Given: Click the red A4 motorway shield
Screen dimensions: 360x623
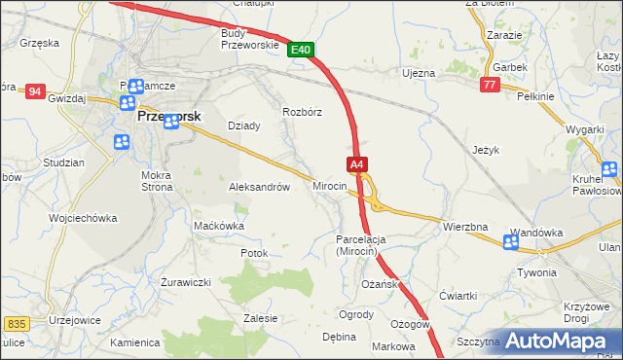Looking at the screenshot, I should [357, 164].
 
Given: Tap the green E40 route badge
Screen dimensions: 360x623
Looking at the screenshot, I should [301, 50].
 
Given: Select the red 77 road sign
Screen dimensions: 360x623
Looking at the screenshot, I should [490, 87].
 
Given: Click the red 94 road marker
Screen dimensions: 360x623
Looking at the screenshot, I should [36, 91].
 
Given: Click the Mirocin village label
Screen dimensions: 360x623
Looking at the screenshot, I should [329, 186].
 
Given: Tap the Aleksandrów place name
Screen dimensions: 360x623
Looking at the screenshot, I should [259, 187].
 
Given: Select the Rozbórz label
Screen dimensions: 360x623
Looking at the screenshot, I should [302, 111].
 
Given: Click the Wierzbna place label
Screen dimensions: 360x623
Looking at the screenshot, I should [465, 227].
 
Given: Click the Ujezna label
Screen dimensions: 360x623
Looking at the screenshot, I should [419, 73].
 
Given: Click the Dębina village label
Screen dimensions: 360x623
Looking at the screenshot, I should [339, 337].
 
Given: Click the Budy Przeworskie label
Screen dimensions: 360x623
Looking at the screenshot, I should [251, 38].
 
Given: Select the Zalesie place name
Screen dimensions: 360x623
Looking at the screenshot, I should [261, 318].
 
